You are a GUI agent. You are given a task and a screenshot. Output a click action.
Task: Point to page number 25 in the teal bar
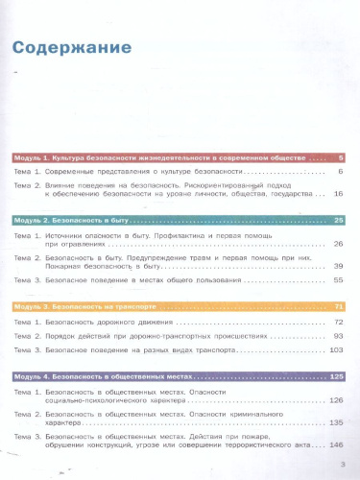tap(338, 221)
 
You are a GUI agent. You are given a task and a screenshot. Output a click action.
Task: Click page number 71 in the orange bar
tap(338, 306)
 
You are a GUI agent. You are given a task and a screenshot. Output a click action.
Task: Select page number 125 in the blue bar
tap(336, 376)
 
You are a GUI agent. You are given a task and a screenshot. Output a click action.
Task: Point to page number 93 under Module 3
tap(338, 337)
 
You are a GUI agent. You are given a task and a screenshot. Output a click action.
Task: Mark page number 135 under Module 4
tap(336, 422)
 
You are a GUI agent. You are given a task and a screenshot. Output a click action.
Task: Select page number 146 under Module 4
tap(336, 445)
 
